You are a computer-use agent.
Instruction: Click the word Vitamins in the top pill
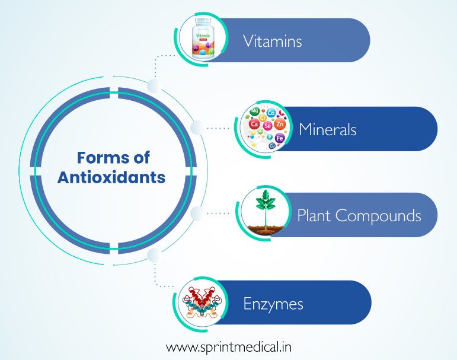point(272,41)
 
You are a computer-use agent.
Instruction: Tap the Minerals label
point(327,129)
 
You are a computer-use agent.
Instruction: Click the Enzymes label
point(273,304)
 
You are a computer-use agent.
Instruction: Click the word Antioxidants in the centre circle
point(111,177)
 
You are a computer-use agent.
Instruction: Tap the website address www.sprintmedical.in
point(229,346)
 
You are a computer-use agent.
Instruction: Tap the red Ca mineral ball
point(255,125)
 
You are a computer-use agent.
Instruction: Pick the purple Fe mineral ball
point(280,138)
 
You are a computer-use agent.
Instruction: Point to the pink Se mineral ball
point(268,126)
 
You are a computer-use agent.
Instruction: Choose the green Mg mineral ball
point(255,111)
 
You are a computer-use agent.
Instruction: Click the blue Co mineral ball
point(271,113)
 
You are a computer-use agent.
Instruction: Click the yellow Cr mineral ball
point(263,117)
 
